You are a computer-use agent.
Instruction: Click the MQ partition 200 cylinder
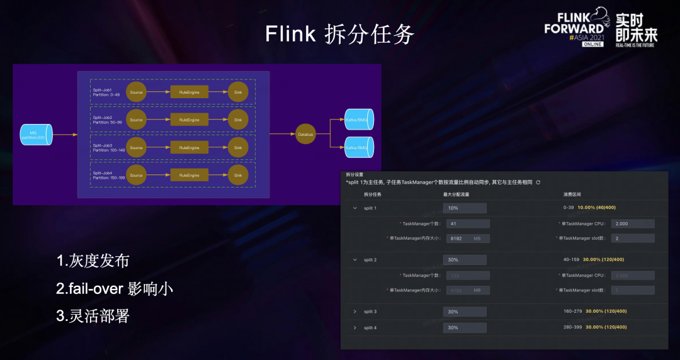tap(36, 134)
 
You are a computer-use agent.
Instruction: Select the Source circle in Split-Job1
tap(136, 92)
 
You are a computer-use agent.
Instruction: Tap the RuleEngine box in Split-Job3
tap(190, 148)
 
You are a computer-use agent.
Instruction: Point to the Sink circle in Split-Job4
tap(238, 175)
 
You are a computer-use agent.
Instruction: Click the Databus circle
tap(305, 134)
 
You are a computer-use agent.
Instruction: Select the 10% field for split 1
tap(465, 208)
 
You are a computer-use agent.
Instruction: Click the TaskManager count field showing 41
tap(467, 223)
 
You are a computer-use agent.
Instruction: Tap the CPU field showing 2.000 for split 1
tap(633, 223)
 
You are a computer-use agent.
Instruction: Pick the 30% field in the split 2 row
tap(465, 260)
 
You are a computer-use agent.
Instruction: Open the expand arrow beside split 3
tap(354, 312)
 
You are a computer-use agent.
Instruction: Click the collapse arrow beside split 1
tap(354, 208)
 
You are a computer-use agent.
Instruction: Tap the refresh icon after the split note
tap(538, 183)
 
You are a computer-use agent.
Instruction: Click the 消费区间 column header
tap(574, 194)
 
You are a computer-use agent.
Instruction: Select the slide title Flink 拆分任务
tap(339, 34)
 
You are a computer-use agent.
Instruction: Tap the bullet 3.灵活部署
tap(93, 316)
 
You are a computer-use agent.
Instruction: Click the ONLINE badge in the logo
tap(592, 44)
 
